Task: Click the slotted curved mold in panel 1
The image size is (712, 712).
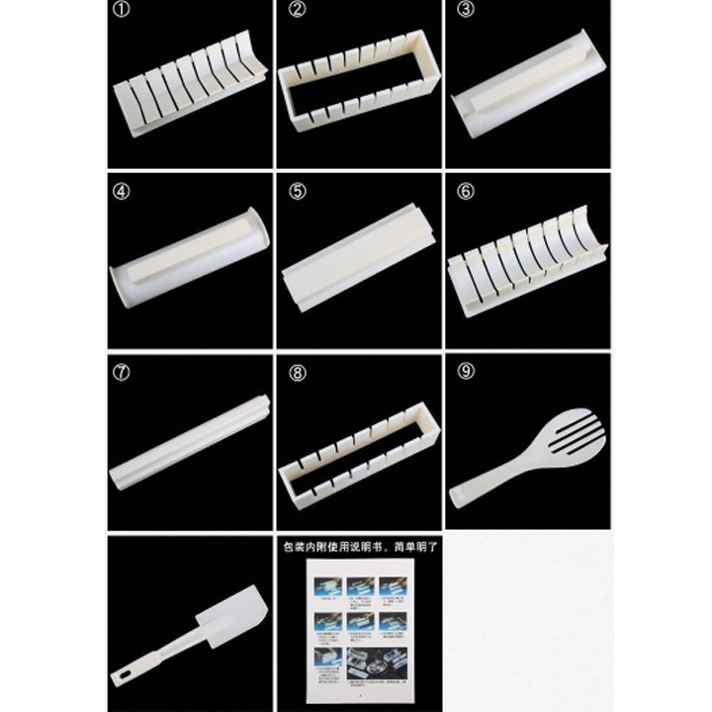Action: (x=191, y=95)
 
